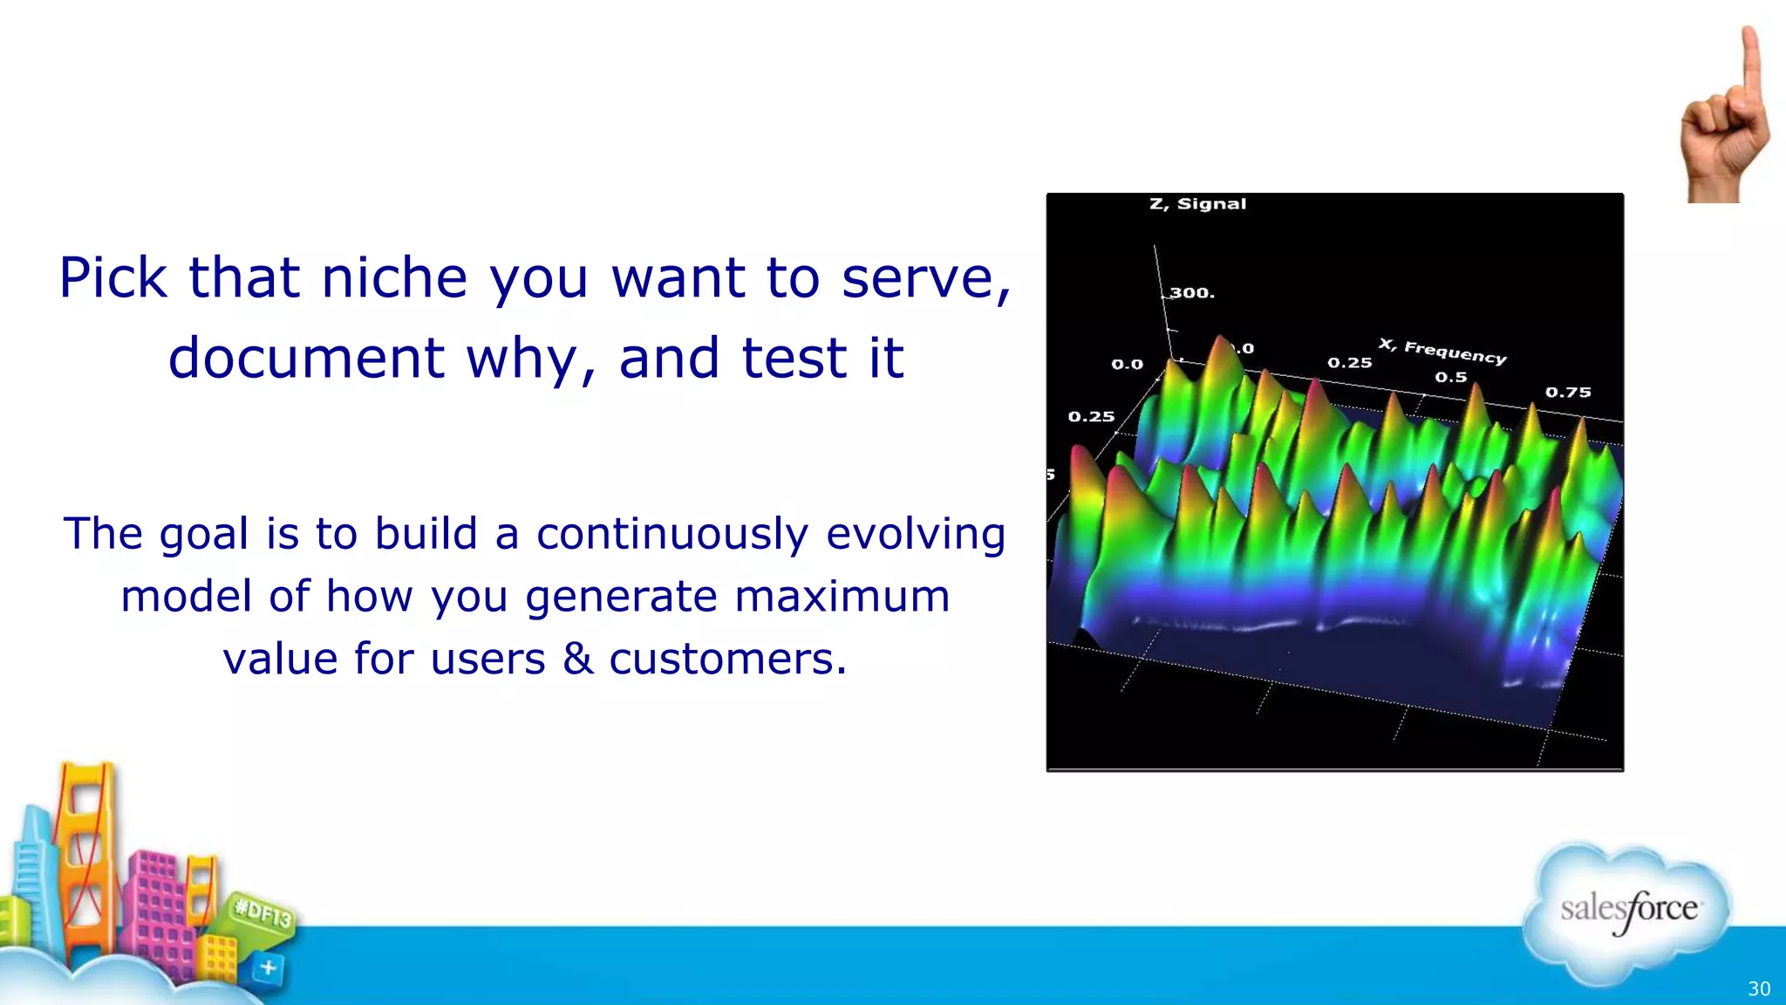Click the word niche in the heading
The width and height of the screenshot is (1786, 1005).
coord(394,278)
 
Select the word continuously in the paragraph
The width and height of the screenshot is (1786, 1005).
coord(672,534)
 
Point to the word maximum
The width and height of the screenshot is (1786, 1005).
coord(842,597)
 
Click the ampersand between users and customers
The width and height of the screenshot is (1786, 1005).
coord(577,659)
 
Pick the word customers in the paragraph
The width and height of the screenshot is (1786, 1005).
coord(727,659)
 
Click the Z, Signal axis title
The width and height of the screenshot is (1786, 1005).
coord(1197,204)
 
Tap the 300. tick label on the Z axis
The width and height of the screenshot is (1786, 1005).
coord(1192,293)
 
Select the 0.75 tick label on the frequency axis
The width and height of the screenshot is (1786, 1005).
coord(1568,393)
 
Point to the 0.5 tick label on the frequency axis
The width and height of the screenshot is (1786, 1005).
coord(1451,378)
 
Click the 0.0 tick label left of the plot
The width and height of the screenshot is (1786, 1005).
coord(1127,365)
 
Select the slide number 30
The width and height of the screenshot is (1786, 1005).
coord(1758,988)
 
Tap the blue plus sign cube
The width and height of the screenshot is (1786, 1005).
coord(269,967)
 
